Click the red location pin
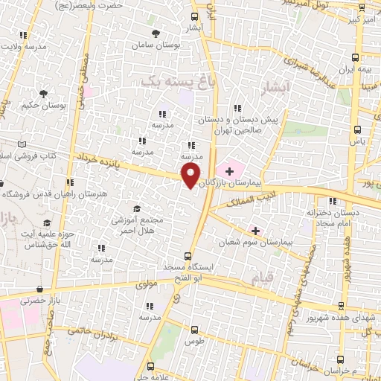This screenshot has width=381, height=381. [x=190, y=176]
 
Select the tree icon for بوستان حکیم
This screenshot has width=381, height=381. [x=43, y=95]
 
